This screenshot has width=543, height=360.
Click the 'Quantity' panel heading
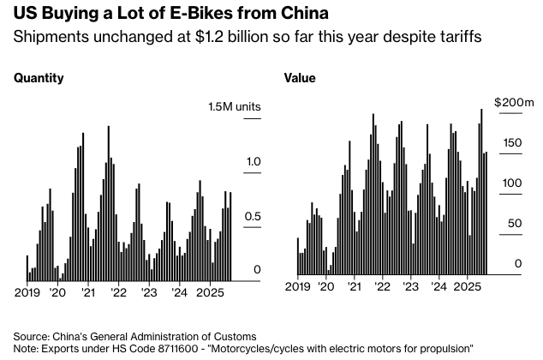click(39, 78)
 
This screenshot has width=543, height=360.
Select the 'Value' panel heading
click(300, 78)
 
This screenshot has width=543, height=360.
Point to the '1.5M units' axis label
click(234, 106)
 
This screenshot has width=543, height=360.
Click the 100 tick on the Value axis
click(510, 183)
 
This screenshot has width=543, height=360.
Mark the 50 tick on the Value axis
click(512, 224)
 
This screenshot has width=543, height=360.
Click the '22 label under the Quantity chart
click(116, 292)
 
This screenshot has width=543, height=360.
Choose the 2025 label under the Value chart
click(468, 286)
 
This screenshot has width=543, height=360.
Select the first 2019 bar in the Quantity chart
click(27, 267)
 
